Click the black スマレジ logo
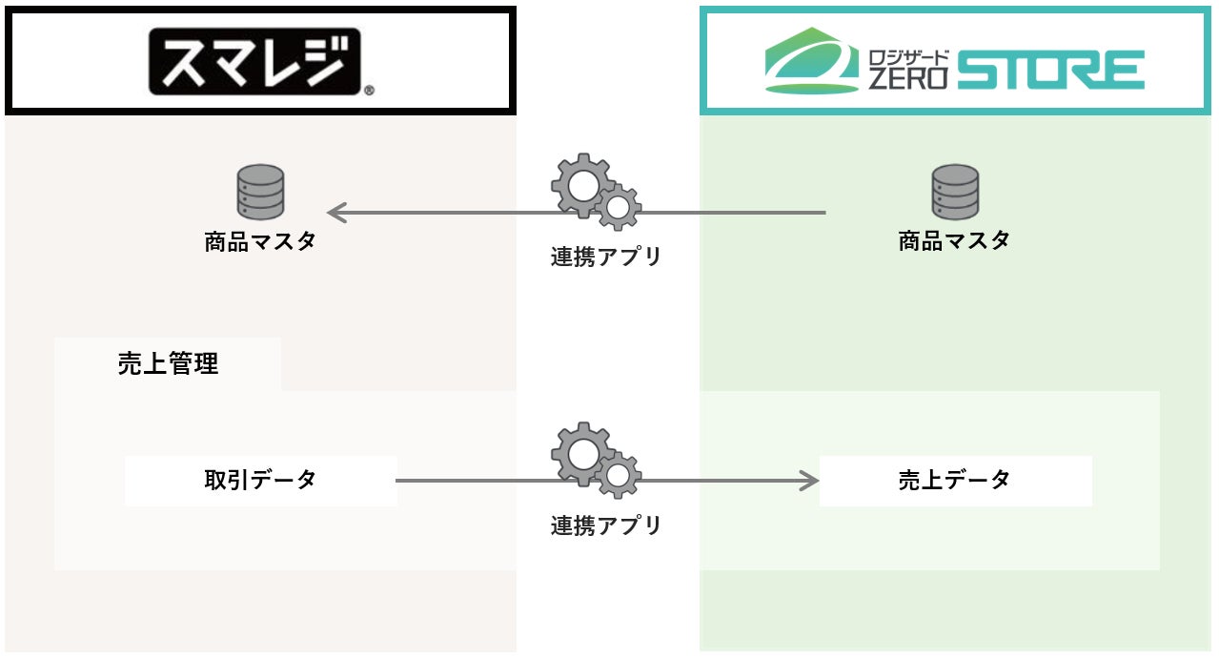click(254, 61)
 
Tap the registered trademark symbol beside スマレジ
click(369, 91)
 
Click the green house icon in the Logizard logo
click(812, 60)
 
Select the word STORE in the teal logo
click(1051, 70)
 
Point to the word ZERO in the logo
click(907, 78)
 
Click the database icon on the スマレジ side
click(261, 192)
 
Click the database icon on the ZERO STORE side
click(955, 192)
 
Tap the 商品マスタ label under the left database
click(260, 241)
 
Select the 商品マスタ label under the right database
click(954, 240)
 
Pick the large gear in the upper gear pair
click(582, 185)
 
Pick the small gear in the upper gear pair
click(619, 207)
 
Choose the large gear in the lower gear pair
click(582, 454)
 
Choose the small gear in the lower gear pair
click(619, 476)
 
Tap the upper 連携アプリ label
click(606, 257)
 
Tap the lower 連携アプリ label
click(606, 525)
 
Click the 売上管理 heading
click(168, 363)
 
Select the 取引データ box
click(261, 481)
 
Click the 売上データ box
click(956, 481)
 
